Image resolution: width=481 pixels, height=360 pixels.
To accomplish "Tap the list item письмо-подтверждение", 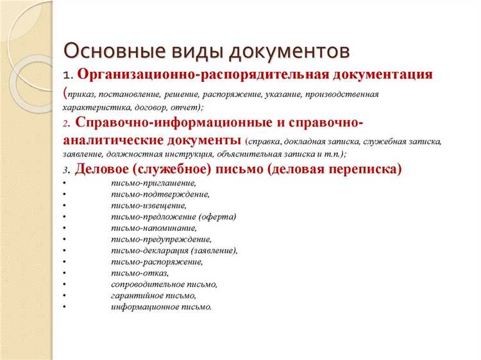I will pyautogui.click(x=160, y=194).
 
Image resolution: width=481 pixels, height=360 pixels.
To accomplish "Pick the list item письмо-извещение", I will pyautogui.click(x=149, y=205).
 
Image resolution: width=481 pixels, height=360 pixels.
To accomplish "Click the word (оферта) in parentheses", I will pyautogui.click(x=217, y=217).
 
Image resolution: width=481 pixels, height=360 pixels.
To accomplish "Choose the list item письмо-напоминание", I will pyautogui.click(x=154, y=228).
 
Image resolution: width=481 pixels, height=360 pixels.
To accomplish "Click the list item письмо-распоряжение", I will pyautogui.click(x=157, y=262).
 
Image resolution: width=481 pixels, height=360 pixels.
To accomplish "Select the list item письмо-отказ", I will pyautogui.click(x=139, y=273).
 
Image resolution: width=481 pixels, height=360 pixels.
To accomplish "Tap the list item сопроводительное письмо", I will pyautogui.click(x=164, y=284).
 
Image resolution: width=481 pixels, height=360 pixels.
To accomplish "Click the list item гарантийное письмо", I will pyautogui.click(x=153, y=296).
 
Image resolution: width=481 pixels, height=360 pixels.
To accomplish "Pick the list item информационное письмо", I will pyautogui.click(x=161, y=307).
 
